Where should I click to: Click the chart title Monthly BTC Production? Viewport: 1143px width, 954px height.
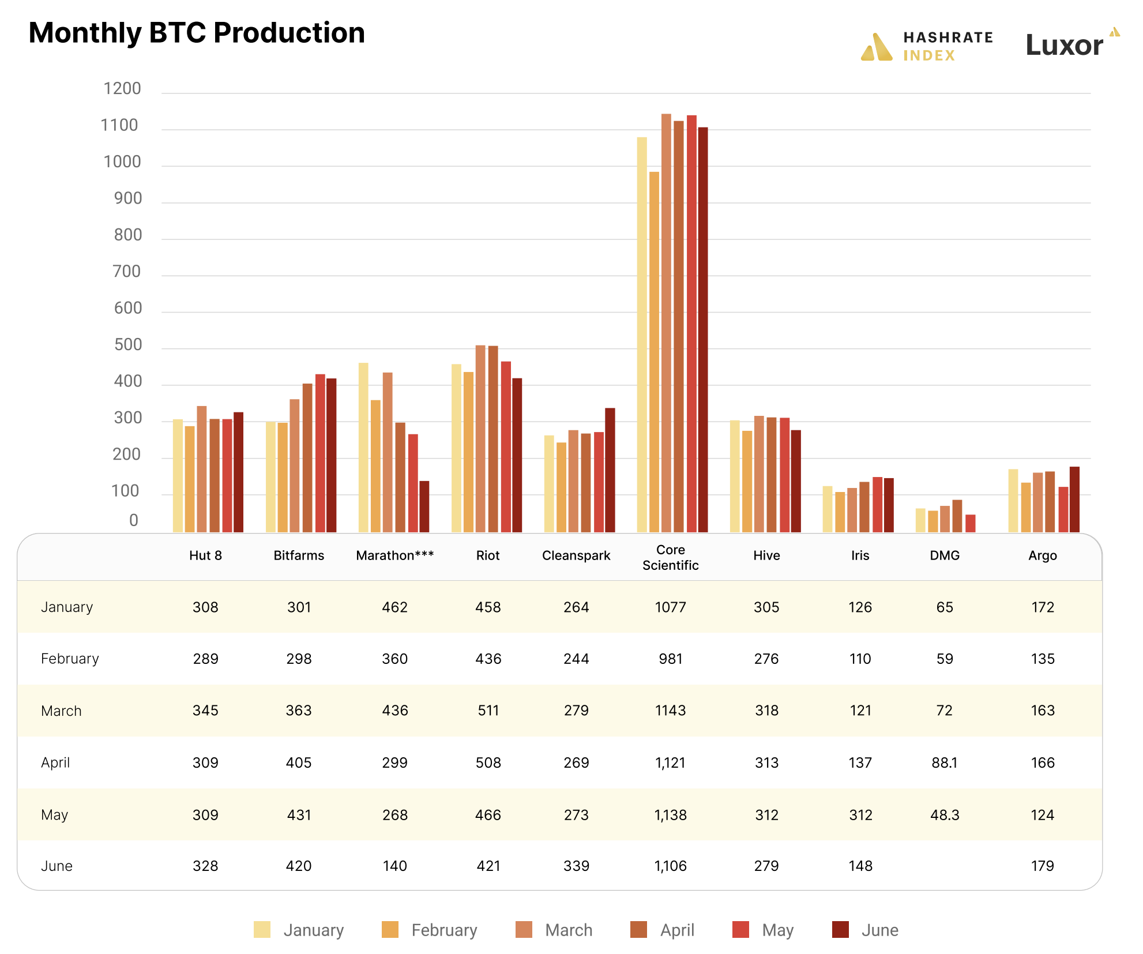(197, 33)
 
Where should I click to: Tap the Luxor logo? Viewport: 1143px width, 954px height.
(1071, 44)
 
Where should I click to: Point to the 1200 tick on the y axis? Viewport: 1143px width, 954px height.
(122, 88)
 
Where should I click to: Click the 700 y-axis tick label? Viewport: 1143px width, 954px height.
(126, 271)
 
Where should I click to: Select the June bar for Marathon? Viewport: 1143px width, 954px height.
(424, 506)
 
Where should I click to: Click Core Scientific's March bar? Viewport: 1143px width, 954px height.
(666, 323)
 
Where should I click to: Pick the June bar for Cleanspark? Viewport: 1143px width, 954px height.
(610, 470)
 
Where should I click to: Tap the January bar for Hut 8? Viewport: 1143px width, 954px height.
(178, 475)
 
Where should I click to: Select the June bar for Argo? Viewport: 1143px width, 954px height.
(1074, 499)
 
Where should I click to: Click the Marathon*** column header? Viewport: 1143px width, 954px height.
(395, 555)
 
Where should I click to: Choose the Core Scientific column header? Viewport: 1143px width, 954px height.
(670, 557)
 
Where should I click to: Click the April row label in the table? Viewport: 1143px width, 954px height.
(55, 763)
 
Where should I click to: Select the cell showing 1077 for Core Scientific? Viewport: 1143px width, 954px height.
(670, 607)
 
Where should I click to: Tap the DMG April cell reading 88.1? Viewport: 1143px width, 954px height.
(944, 763)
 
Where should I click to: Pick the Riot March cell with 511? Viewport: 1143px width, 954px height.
(488, 711)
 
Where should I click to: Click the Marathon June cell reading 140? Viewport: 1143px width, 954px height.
(395, 866)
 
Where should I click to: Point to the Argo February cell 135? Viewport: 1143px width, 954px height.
(1043, 659)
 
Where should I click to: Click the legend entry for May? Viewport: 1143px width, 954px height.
(763, 930)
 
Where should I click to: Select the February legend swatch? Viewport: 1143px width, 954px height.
(390, 930)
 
